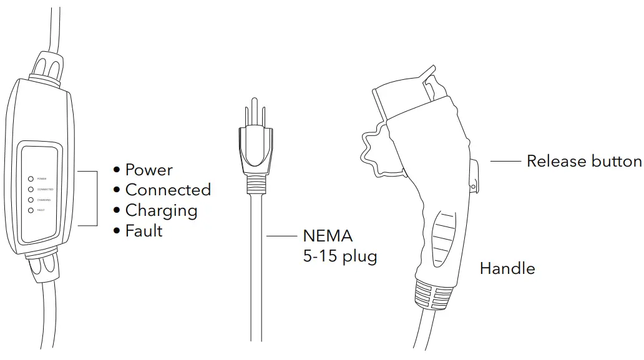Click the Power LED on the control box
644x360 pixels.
(31, 178)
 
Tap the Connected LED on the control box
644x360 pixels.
(31, 189)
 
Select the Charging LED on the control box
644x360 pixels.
(31, 200)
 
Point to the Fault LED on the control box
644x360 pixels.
(31, 210)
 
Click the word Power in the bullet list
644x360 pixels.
(149, 170)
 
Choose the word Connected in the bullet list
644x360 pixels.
(168, 190)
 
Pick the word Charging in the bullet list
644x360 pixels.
(161, 210)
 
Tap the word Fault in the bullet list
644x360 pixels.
(144, 231)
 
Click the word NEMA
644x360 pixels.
(328, 236)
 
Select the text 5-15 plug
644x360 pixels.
(339, 256)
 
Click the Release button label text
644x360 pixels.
(584, 161)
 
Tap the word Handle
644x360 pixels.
(507, 269)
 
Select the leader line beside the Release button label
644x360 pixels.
(505, 161)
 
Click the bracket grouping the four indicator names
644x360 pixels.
(97, 198)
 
